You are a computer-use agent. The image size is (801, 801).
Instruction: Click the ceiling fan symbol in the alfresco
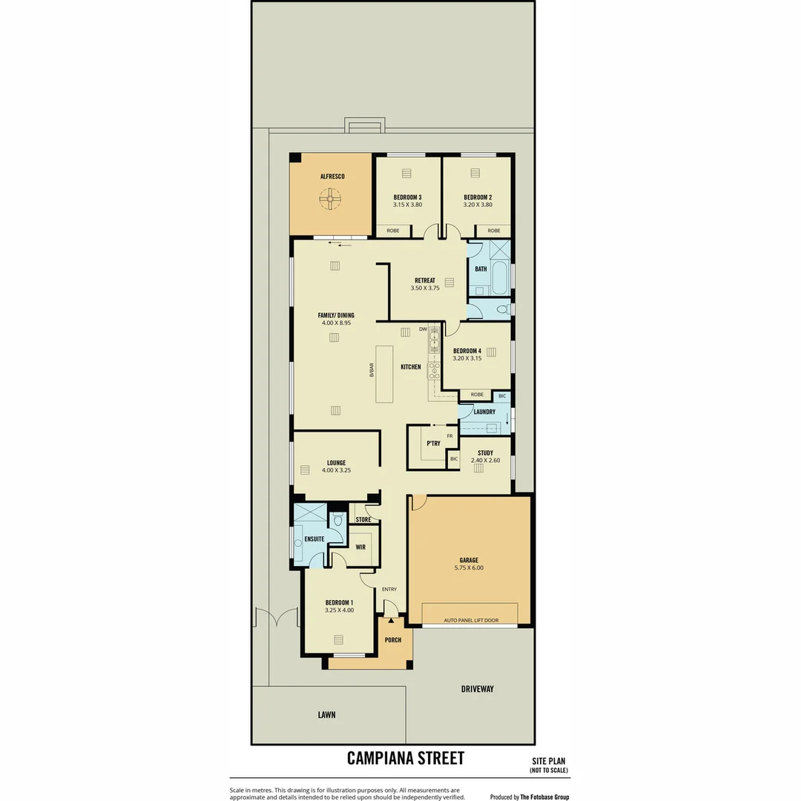(x=330, y=199)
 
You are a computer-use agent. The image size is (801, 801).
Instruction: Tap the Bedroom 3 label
(x=407, y=197)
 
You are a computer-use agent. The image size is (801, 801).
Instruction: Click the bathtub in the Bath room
(x=501, y=277)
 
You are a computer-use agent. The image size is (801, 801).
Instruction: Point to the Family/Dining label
(x=336, y=315)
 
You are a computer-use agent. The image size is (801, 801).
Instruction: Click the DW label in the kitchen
(x=423, y=329)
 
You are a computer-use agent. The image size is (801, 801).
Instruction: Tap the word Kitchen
(x=411, y=366)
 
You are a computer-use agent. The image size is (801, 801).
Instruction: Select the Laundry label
(x=484, y=412)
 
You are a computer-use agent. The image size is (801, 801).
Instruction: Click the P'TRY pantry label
(x=433, y=444)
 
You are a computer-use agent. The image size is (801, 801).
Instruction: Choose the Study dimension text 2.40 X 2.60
(x=485, y=461)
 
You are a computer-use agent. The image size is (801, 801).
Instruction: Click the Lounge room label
(x=336, y=463)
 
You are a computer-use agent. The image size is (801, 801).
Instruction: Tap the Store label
(x=363, y=520)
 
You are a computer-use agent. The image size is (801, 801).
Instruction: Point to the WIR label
(x=360, y=547)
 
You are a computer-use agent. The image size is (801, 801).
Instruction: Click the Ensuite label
(x=314, y=538)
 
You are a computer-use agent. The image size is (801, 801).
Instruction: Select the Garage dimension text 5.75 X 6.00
(x=469, y=568)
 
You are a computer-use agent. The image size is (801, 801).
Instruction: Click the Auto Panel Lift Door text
(x=471, y=619)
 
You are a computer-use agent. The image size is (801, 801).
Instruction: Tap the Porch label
(x=393, y=640)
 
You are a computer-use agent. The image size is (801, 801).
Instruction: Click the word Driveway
(x=478, y=689)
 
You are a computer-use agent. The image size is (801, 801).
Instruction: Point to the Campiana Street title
(x=406, y=758)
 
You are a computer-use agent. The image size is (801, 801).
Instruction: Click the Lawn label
(x=326, y=715)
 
